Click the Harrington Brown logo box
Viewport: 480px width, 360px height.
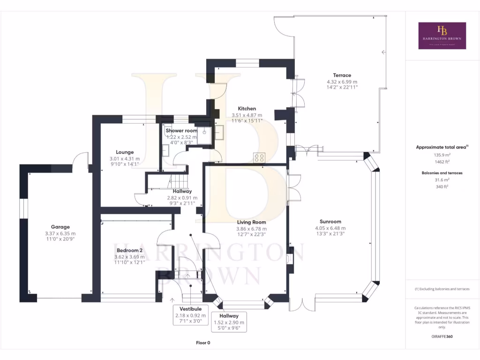click(x=442, y=36)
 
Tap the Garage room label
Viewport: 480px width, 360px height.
click(x=60, y=227)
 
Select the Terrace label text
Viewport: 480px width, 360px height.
click(x=342, y=75)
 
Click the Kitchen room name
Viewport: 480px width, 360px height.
click(x=247, y=108)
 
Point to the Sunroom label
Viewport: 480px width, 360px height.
click(x=330, y=222)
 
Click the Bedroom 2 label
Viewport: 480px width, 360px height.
click(x=129, y=250)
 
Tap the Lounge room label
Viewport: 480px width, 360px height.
click(x=125, y=152)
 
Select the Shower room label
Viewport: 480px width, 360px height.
click(x=181, y=130)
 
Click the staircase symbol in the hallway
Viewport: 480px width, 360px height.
click(x=178, y=180)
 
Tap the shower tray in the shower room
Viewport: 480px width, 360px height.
click(x=205, y=133)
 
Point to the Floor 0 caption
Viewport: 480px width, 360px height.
click(x=203, y=343)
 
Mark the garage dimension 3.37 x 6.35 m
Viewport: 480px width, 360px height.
click(x=60, y=233)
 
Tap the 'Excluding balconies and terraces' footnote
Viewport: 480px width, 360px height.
click(x=442, y=289)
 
